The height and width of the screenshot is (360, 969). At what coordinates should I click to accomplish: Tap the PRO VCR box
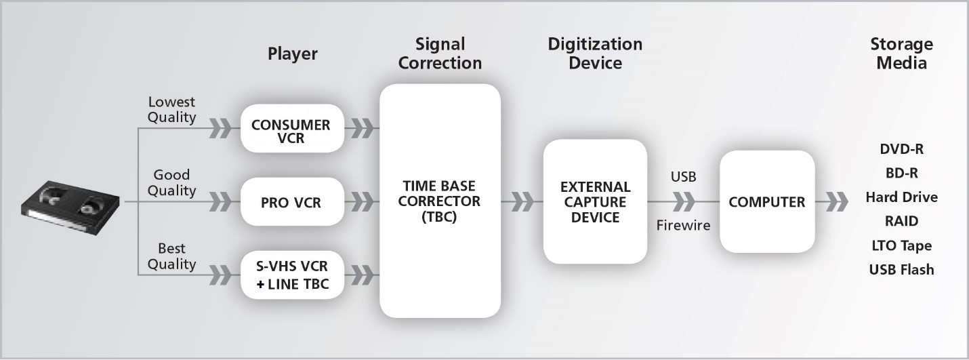(x=291, y=202)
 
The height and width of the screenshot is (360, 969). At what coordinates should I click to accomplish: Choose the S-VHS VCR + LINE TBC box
(x=292, y=275)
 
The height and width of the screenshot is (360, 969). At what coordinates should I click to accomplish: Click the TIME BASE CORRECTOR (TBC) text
(x=440, y=202)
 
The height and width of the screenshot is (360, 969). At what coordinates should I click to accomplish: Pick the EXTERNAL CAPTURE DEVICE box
(x=595, y=202)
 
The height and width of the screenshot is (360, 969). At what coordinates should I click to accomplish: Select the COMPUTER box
(x=767, y=202)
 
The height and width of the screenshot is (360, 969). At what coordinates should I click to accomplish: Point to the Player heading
(x=292, y=54)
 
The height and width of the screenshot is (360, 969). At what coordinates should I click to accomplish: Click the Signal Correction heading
(x=440, y=54)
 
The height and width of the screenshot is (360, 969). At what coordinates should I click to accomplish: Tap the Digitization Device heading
(x=595, y=54)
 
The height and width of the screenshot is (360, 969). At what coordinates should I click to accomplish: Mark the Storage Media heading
(x=901, y=54)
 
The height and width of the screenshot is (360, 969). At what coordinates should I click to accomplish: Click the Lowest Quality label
(x=171, y=110)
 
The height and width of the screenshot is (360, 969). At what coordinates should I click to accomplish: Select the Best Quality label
(x=171, y=256)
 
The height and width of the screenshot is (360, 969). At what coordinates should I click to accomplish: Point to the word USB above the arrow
(x=683, y=177)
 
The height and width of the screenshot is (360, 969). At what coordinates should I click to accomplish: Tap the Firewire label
(x=683, y=226)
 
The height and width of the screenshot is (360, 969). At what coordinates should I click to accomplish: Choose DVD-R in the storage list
(x=901, y=149)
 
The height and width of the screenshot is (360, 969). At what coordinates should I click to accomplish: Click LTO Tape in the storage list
(x=901, y=245)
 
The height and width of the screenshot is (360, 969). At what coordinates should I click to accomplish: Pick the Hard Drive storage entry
(x=901, y=197)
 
